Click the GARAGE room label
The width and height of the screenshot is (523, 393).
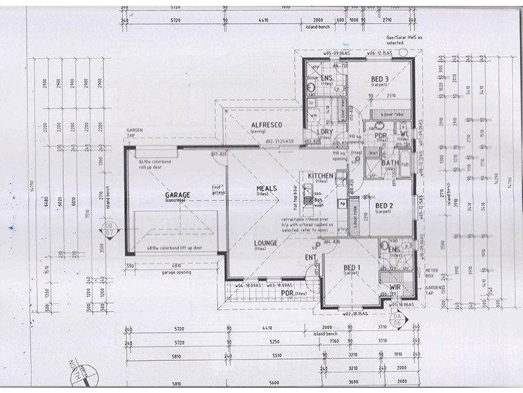pos(177,195)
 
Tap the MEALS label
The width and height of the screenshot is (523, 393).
pos(266,189)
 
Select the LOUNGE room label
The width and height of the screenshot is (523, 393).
pos(266,243)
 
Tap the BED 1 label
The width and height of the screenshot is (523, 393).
pos(352,267)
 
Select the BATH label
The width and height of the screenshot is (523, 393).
pos(390,163)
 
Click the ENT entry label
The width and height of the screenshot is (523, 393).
pos(311,258)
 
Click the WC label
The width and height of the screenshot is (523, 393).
pos(404,135)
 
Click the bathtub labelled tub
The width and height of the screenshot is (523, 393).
pos(404,164)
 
